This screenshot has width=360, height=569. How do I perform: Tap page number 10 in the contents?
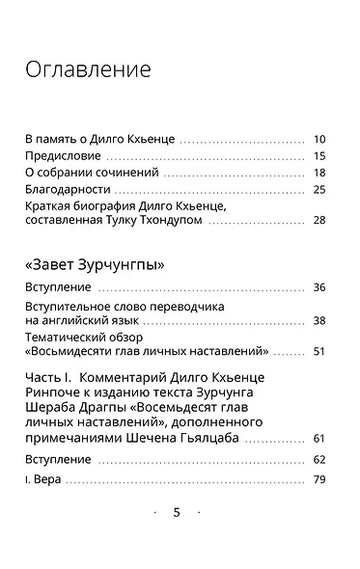pos(319,140)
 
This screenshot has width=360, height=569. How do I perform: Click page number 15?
pos(319,156)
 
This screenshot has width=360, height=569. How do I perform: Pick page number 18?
pos(319,173)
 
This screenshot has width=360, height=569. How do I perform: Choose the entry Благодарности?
pos(69,189)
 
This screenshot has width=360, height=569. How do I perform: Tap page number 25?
pos(319,189)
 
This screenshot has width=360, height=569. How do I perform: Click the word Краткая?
pos(49,206)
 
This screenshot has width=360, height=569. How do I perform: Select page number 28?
pos(319,221)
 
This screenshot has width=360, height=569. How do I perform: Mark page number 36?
pos(319,287)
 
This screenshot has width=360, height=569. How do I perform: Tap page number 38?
pos(319,320)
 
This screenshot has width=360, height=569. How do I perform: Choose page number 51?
pos(319,352)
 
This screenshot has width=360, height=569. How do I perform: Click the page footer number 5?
pos(176,513)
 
